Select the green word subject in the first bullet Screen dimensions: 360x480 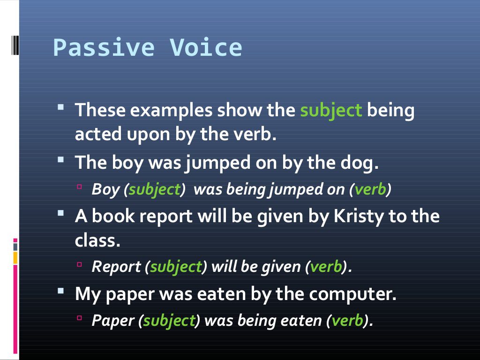click(x=331, y=111)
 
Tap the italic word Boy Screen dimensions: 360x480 click(x=106, y=189)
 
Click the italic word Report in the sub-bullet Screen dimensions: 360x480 click(x=117, y=267)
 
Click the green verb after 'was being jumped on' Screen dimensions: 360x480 click(x=370, y=189)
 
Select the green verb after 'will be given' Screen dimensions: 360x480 click(x=326, y=267)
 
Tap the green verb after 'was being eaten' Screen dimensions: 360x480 click(x=347, y=321)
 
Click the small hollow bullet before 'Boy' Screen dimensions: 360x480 click(x=79, y=187)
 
